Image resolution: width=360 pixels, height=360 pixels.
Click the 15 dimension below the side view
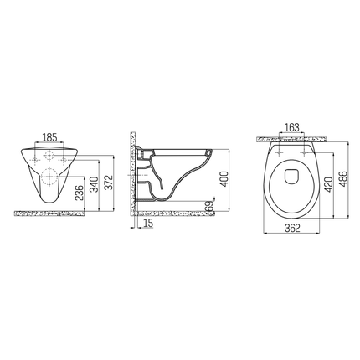pos(148,222)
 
